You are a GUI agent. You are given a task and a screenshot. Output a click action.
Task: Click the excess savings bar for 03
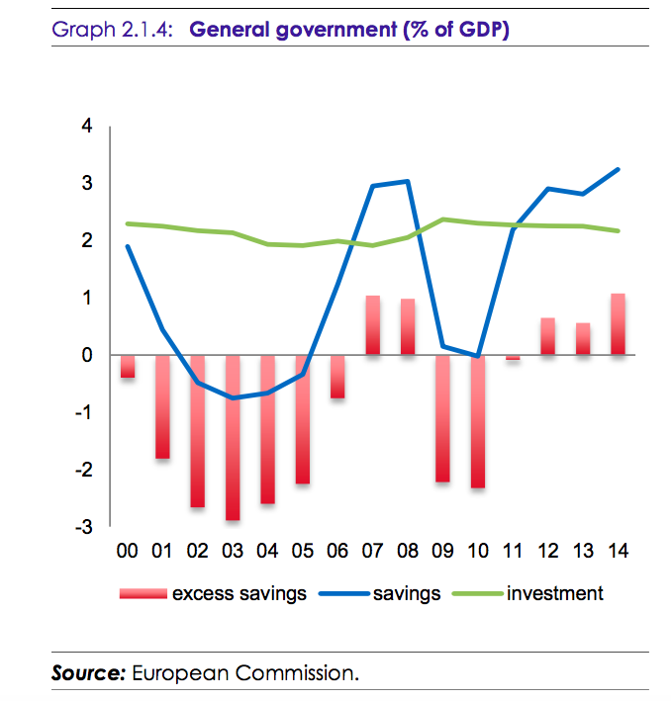tap(233, 437)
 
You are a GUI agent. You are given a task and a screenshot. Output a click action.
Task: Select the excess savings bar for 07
tap(373, 325)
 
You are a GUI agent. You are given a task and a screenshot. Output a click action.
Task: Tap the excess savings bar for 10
tap(478, 421)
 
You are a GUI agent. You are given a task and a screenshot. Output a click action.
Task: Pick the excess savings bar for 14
tap(619, 324)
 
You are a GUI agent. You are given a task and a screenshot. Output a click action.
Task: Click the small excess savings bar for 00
tap(128, 366)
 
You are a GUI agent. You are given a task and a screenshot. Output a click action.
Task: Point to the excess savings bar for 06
tap(337, 377)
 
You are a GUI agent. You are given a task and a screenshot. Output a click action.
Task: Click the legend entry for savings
tap(406, 594)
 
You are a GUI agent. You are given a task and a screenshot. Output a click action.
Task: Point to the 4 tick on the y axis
tap(86, 127)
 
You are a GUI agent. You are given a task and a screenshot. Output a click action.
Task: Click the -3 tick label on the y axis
tap(83, 527)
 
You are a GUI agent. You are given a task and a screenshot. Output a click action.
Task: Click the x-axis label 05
tap(303, 551)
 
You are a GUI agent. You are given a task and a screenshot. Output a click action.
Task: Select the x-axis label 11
tap(514, 551)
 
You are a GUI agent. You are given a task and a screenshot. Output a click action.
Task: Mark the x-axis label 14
tap(619, 551)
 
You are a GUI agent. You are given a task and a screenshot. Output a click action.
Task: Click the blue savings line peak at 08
tap(408, 181)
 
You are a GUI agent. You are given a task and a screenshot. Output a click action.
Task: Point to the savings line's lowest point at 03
tap(233, 398)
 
